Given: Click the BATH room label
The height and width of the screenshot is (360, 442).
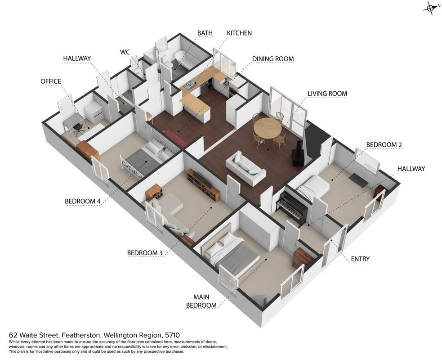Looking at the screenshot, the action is [205, 33].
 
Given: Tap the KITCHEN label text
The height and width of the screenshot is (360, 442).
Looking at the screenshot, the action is [239, 33].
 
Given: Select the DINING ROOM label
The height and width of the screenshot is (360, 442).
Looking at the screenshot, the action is [273, 59].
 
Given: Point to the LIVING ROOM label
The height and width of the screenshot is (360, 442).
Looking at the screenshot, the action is [327, 94].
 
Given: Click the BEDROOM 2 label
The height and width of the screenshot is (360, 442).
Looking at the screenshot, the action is [384, 145].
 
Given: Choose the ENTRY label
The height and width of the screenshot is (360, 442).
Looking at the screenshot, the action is [360, 259].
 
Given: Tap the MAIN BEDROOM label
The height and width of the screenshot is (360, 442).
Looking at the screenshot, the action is [201, 301].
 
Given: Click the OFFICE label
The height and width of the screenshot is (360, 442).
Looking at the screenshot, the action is [51, 81].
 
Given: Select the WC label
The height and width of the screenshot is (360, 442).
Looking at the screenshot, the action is [125, 52].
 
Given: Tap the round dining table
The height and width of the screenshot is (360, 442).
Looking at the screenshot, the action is [268, 128].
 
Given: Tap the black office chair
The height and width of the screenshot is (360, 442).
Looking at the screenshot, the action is [79, 129].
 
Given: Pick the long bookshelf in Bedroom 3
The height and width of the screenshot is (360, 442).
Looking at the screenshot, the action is [203, 185].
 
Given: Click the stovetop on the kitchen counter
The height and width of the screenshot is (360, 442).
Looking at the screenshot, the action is [190, 84].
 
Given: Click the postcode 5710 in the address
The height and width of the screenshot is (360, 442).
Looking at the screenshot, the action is [173, 335].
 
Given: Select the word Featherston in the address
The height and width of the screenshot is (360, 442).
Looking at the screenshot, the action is [81, 335].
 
